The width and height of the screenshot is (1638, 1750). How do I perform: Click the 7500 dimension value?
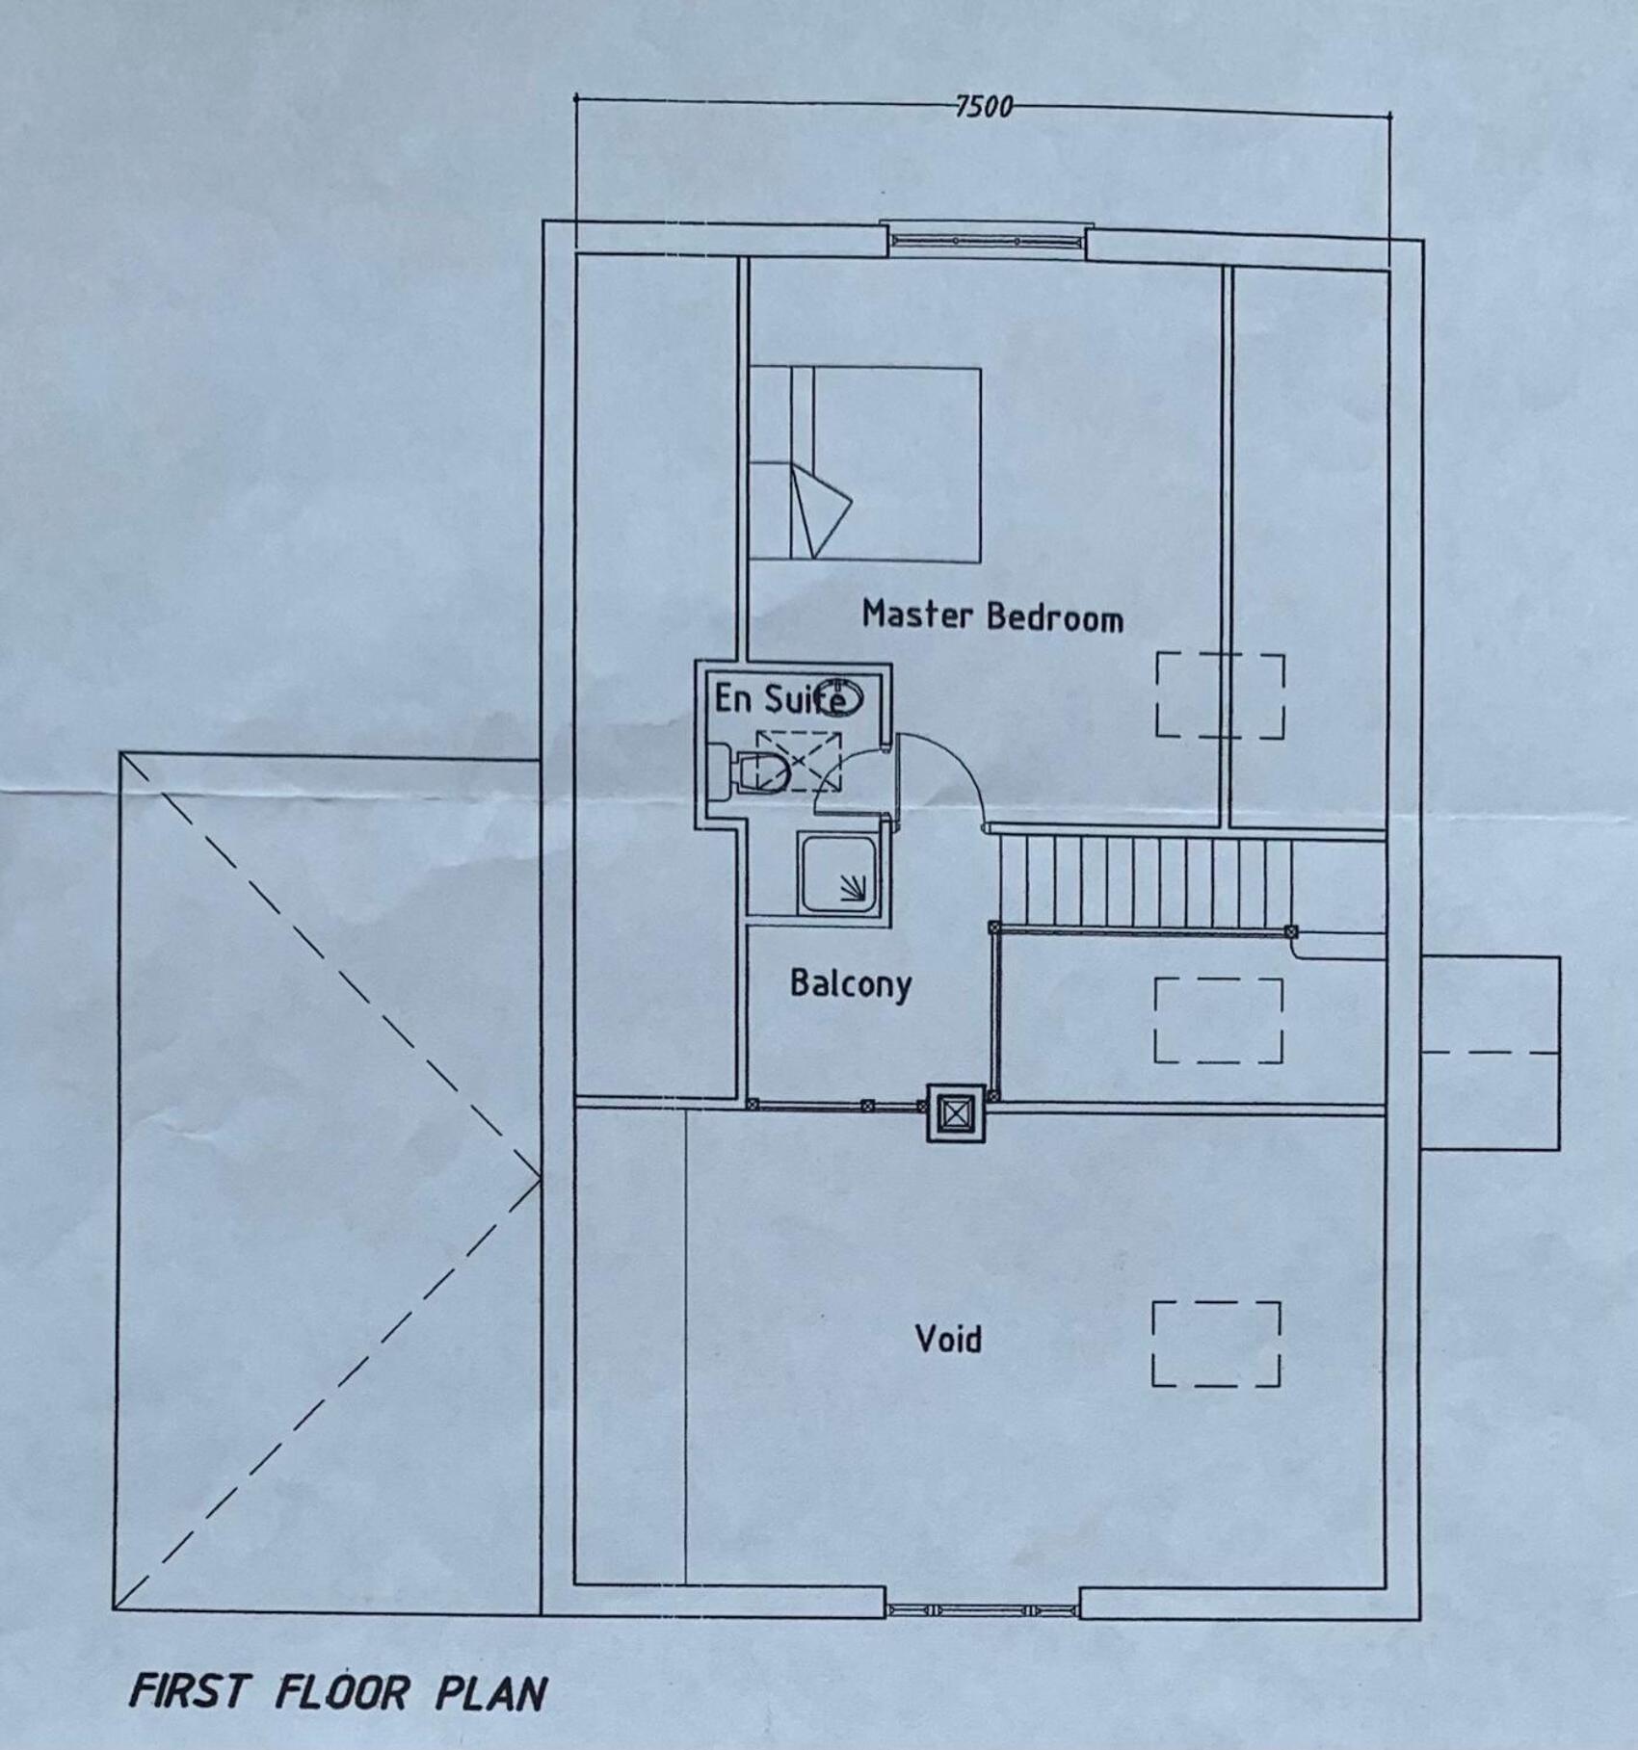pos(984,105)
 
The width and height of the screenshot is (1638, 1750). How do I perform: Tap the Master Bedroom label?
pos(992,615)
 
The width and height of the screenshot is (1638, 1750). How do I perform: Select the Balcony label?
pos(851,983)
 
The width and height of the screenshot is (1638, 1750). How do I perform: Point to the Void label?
pos(948,1339)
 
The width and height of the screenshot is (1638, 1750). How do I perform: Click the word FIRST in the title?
pos(190,1692)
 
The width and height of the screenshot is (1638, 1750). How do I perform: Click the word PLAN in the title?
pos(491,1694)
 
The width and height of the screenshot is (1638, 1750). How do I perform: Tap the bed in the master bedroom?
pos(864,463)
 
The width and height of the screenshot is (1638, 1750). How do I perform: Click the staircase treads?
pos(1145,881)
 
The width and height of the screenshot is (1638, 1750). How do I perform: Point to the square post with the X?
pos(954,1113)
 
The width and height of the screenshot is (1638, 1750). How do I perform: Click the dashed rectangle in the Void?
pos(1217,1344)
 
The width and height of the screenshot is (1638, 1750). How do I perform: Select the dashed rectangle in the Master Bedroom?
pos(1221,695)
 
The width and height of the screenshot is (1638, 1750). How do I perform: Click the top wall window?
pos(987,241)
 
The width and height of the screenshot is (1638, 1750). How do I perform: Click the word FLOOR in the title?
pos(343,1692)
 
